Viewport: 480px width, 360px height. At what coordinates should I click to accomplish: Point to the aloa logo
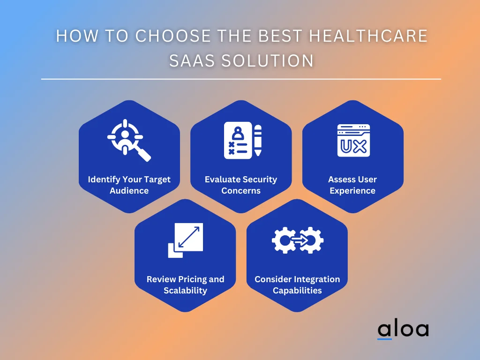(403, 330)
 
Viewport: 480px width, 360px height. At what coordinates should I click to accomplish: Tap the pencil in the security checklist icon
(257, 140)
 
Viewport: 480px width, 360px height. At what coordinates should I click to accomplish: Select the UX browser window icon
(353, 140)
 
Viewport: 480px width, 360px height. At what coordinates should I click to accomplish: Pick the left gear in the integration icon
(283, 240)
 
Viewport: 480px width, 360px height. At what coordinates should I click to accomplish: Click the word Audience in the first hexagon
(129, 191)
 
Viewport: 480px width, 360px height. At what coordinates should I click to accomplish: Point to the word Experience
(352, 191)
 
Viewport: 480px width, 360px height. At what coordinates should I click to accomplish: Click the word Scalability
(185, 291)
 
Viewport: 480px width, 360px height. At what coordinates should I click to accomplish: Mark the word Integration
(315, 279)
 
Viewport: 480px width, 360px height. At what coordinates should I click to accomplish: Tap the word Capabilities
(297, 291)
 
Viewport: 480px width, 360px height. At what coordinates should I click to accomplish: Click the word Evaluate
(222, 180)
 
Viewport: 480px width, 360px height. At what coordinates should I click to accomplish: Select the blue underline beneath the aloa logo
(384, 339)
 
